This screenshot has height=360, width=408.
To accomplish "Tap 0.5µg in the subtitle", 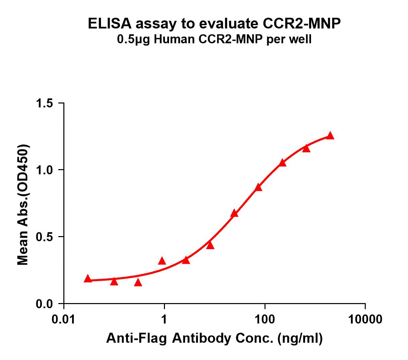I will pos(133,40).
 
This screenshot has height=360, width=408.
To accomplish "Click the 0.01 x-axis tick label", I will pos(64,319).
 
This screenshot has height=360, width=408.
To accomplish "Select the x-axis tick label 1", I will pos(164,319).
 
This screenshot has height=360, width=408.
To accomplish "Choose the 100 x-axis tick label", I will pos(265,319).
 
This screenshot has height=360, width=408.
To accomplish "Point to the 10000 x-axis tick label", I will pos(365,319).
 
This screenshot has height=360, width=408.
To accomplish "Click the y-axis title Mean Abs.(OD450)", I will pos(23,205).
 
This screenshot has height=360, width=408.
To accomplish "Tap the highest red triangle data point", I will pos(330,136).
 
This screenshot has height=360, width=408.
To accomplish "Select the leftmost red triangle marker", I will pos(88,279).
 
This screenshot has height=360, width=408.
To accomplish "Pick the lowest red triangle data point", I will pos(138,283).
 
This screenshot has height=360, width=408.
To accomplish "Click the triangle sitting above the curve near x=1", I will pos(162,261).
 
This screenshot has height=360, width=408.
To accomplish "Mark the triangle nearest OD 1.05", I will pos(282,163).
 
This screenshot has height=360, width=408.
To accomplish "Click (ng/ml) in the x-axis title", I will pos(300,339).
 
